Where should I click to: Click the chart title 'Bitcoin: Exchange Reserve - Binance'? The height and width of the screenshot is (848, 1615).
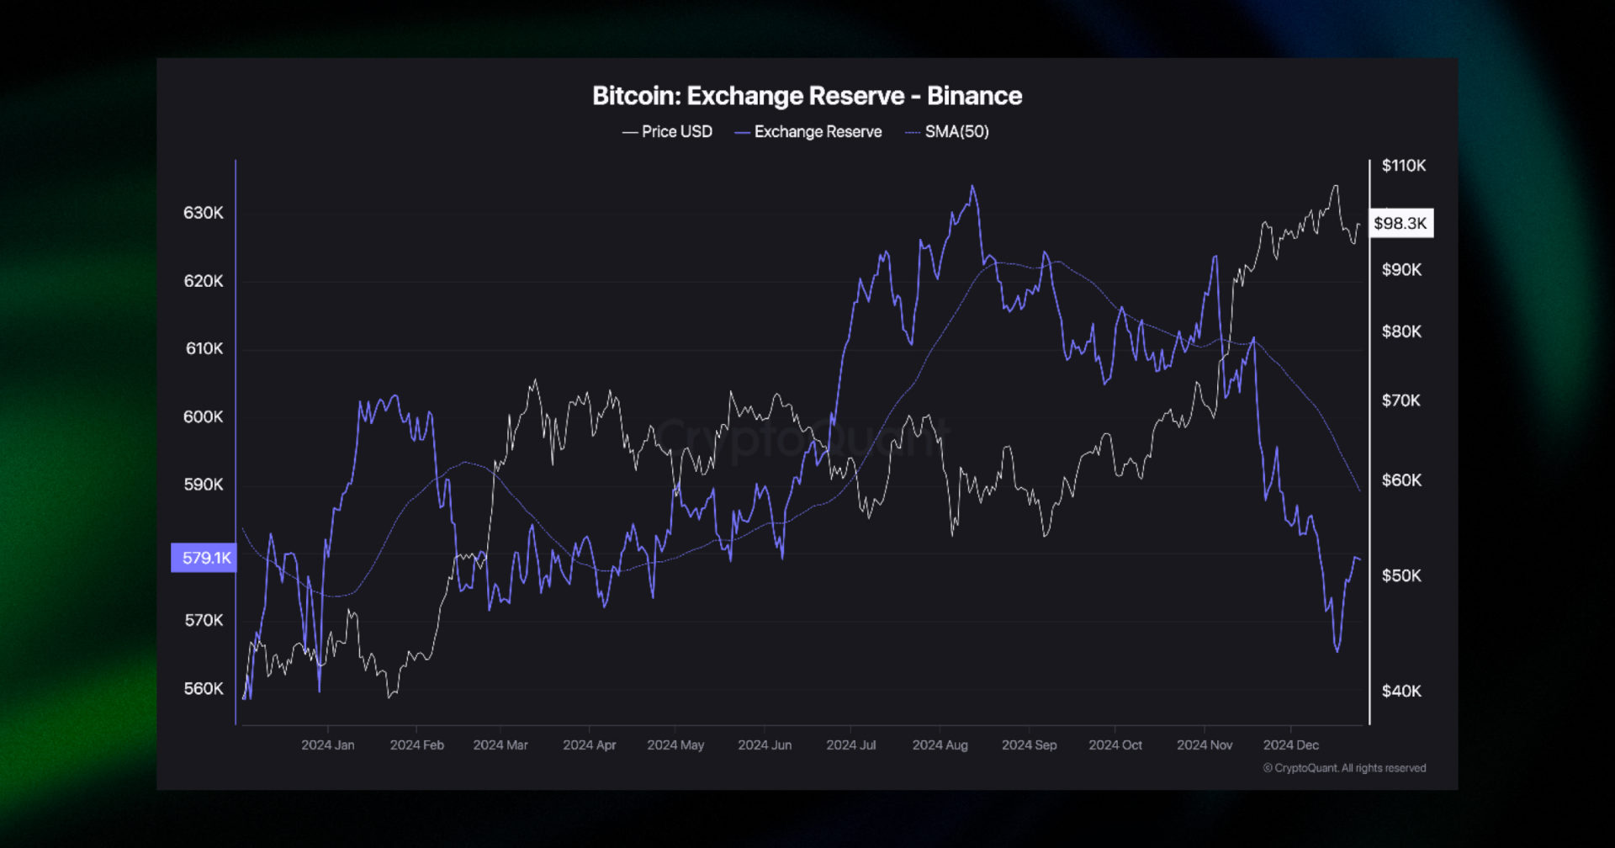pos(807,96)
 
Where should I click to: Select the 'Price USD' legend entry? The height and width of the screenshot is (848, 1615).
pos(668,132)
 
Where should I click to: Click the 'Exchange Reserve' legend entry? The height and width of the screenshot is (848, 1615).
pos(808,132)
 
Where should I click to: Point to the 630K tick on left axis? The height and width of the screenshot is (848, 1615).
pos(204,213)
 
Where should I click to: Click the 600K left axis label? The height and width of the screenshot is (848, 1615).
pos(204,416)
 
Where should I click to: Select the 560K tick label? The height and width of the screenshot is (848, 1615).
pos(204,688)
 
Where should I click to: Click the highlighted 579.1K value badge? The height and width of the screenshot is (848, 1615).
pos(204,558)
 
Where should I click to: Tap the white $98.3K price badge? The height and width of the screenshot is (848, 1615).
pos(1401,223)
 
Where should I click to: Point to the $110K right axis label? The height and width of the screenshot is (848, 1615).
pos(1403,166)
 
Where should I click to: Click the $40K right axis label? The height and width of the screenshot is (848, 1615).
pos(1401,691)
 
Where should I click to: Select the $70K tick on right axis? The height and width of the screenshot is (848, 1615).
pos(1401,400)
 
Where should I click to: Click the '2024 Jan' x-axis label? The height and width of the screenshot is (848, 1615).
pos(328,745)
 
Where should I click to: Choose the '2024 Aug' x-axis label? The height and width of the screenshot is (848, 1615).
pos(940,745)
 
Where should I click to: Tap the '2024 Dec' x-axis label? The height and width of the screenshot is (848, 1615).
pos(1290,745)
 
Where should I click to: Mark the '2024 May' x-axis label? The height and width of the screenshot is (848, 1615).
pos(675,745)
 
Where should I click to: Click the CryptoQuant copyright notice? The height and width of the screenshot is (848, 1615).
pos(1344,768)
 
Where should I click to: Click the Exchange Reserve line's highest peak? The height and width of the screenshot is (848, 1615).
pos(972,187)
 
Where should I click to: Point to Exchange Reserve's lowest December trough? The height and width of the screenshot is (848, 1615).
pos(1337,650)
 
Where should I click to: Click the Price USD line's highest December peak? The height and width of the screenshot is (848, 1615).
pos(1336,187)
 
